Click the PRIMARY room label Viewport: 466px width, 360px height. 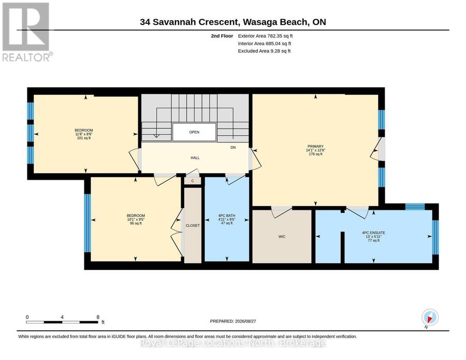coord(315,146)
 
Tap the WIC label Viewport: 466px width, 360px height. coord(282,237)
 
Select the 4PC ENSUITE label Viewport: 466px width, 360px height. coord(373,233)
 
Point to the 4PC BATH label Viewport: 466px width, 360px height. coord(227,215)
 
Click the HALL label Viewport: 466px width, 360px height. coord(195,158)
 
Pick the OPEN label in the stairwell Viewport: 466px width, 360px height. coord(194,132)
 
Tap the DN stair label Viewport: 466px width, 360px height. coord(233,148)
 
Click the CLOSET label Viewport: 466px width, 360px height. coord(193,226)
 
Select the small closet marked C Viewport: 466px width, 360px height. coord(193,181)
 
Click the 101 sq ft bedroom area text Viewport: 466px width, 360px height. coord(84,138)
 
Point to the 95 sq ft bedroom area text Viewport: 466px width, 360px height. coord(136,223)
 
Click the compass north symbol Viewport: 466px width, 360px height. coord(430,317)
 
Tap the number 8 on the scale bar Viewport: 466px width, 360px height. coord(98,317)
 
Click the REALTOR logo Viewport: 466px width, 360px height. coord(27,32)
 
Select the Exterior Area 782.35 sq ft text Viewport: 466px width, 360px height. coord(265,36)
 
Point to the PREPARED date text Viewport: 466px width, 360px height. coord(233,321)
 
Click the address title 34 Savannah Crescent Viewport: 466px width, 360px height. coord(189,22)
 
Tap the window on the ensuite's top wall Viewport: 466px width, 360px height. coord(415,207)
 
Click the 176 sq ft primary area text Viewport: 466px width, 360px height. coord(315,154)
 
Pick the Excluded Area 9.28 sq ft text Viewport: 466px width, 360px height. coord(264,51)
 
